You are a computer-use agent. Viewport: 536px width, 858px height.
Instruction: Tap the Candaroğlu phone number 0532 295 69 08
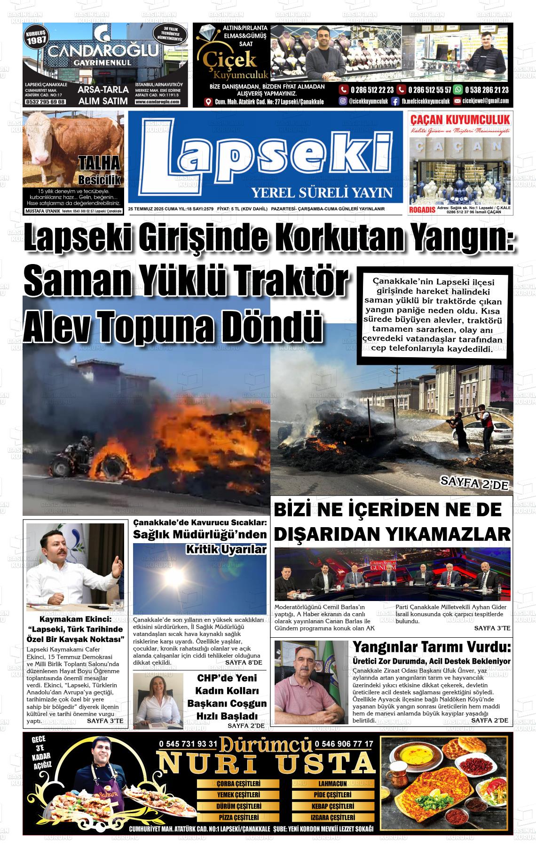point(45,102)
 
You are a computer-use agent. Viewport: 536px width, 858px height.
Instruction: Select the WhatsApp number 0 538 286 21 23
point(486,90)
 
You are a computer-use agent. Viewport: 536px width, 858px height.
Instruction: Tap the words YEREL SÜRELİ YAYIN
point(322,192)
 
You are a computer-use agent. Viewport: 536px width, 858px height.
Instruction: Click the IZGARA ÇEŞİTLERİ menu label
point(332,818)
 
